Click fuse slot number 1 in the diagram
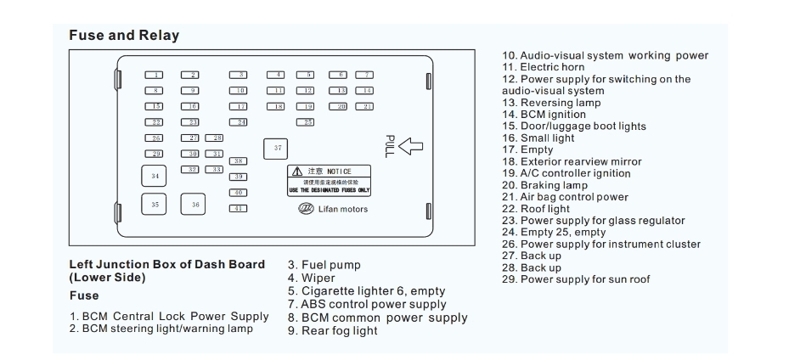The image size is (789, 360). (x=154, y=76)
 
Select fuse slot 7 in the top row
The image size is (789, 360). (x=364, y=76)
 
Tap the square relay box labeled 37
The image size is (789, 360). (x=277, y=149)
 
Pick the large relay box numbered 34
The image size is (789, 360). (x=154, y=176)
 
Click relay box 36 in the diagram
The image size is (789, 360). (x=194, y=205)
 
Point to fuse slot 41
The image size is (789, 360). (x=238, y=208)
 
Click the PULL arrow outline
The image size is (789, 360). (x=410, y=147)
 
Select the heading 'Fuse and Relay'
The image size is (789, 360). (x=123, y=36)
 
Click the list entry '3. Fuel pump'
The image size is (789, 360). (x=318, y=265)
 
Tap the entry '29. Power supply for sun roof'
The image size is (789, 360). (x=576, y=279)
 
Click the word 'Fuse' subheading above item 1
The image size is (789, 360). (x=83, y=295)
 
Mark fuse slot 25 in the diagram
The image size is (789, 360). (x=306, y=122)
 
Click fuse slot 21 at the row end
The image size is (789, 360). (x=364, y=106)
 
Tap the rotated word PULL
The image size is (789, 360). (x=390, y=147)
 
